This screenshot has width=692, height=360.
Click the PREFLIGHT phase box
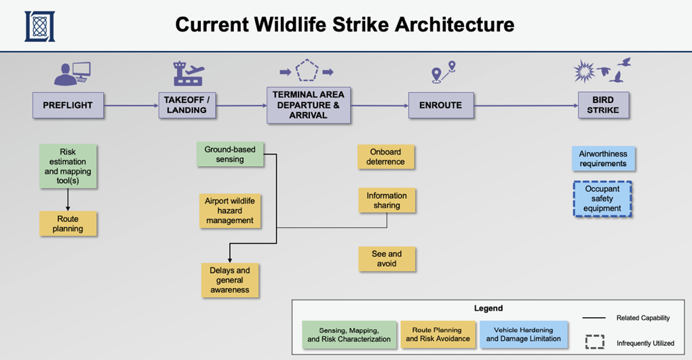[68, 105]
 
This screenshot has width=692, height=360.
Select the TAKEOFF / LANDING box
[187, 105]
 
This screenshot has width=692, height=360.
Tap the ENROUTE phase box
[441, 105]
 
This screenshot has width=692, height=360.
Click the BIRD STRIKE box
[603, 105]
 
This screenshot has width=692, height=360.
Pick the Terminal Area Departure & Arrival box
[309, 105]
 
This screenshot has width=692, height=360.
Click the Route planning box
[68, 224]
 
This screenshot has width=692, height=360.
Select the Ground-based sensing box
[230, 155]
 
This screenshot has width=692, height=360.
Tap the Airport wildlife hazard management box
[230, 210]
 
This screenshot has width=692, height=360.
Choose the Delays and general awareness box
[230, 280]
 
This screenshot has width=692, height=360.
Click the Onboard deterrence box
[386, 157]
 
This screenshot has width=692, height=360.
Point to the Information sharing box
[387, 200]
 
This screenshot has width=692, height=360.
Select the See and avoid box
[387, 258]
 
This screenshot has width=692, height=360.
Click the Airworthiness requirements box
[603, 159]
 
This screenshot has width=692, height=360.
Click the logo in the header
[40, 26]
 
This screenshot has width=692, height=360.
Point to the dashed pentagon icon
[307, 71]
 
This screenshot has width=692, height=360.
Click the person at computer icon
[73, 73]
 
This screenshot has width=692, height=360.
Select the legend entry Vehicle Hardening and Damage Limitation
[524, 334]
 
